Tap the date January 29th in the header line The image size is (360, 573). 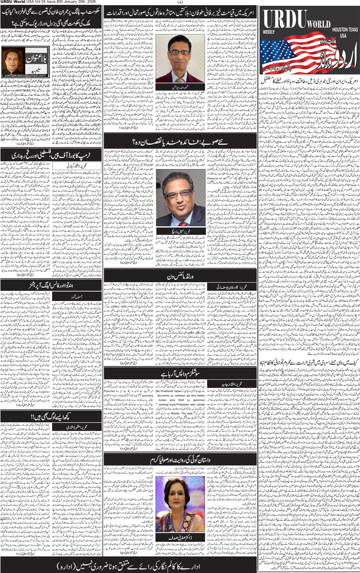(x=78, y=2)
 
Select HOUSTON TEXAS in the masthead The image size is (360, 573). (x=344, y=29)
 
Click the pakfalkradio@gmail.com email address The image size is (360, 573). (x=25, y=75)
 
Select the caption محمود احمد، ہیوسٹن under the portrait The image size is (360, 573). (x=183, y=88)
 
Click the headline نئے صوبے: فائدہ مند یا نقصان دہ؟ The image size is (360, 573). (x=180, y=142)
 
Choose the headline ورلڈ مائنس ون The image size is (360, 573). (x=180, y=276)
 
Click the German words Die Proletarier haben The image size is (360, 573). (x=168, y=391)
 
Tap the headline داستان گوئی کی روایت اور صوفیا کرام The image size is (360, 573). (x=180, y=460)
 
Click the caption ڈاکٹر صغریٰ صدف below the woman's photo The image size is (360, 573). (x=180, y=538)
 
